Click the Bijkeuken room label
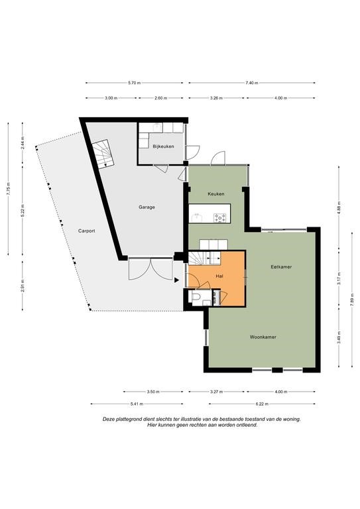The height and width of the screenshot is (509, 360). tap(163, 146)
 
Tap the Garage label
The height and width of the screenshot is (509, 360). tap(147, 207)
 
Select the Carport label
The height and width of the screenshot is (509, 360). tap(87, 231)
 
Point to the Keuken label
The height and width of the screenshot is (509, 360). tap(216, 194)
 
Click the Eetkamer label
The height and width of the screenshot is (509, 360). tap(282, 267)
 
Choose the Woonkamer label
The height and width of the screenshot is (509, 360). tap(263, 337)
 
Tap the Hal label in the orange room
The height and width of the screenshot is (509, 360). tap(219, 276)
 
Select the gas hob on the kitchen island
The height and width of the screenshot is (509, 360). tap(219, 217)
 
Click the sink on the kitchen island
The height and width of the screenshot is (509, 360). tap(197, 217)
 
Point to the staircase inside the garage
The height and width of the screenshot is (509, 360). tap(102, 154)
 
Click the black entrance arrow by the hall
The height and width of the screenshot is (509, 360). tap(176, 280)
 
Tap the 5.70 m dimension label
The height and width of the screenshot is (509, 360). tap(135, 83)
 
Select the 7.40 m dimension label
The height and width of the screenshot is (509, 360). tap(252, 83)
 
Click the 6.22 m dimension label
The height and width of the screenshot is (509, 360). tap(262, 404)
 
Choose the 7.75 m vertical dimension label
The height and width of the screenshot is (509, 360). tap(9, 189)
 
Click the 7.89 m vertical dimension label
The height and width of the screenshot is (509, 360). tap(352, 300)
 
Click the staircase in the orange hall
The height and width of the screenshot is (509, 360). tap(204, 258)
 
